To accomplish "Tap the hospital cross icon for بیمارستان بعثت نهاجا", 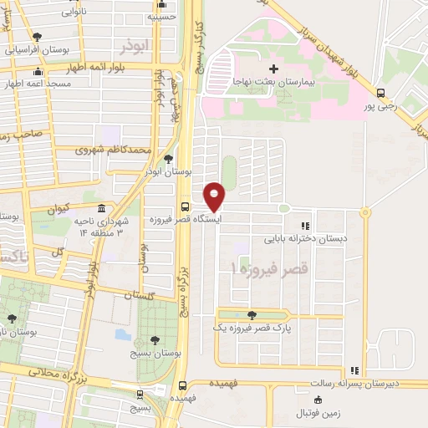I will [273, 68].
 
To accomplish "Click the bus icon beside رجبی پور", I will [381, 94].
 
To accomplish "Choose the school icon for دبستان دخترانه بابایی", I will [305, 226].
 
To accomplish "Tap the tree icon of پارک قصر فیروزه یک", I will [252, 315].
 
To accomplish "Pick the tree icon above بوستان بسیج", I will [155, 339].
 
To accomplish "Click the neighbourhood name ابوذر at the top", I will [137, 43].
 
